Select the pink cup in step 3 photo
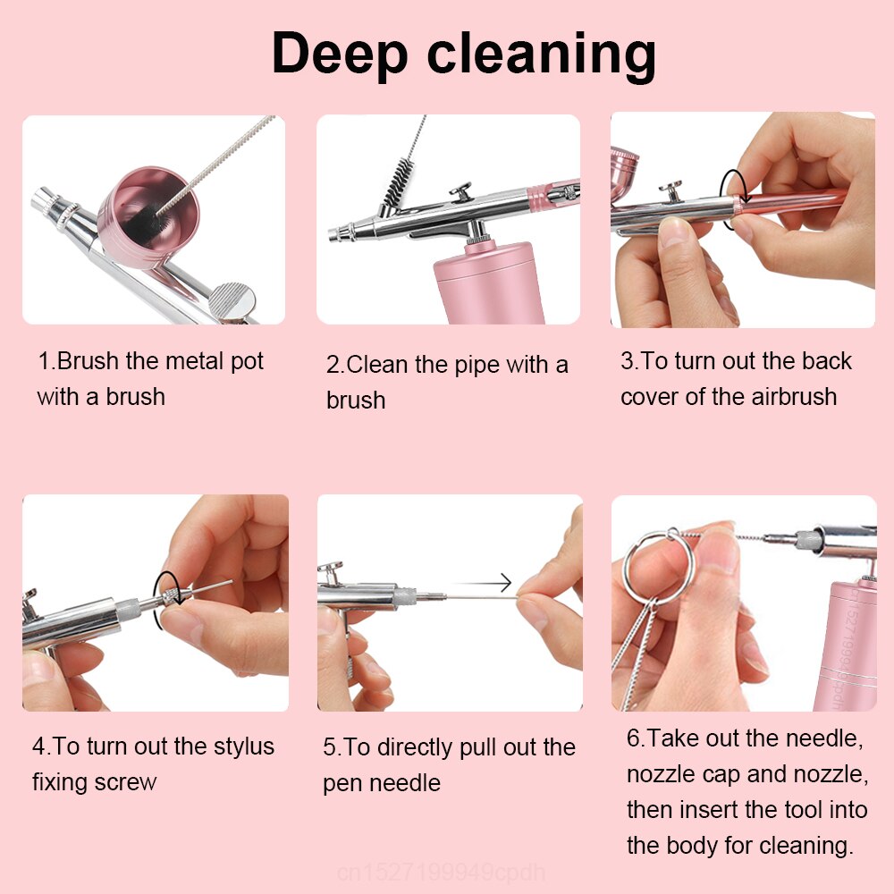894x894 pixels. [x=623, y=165]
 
